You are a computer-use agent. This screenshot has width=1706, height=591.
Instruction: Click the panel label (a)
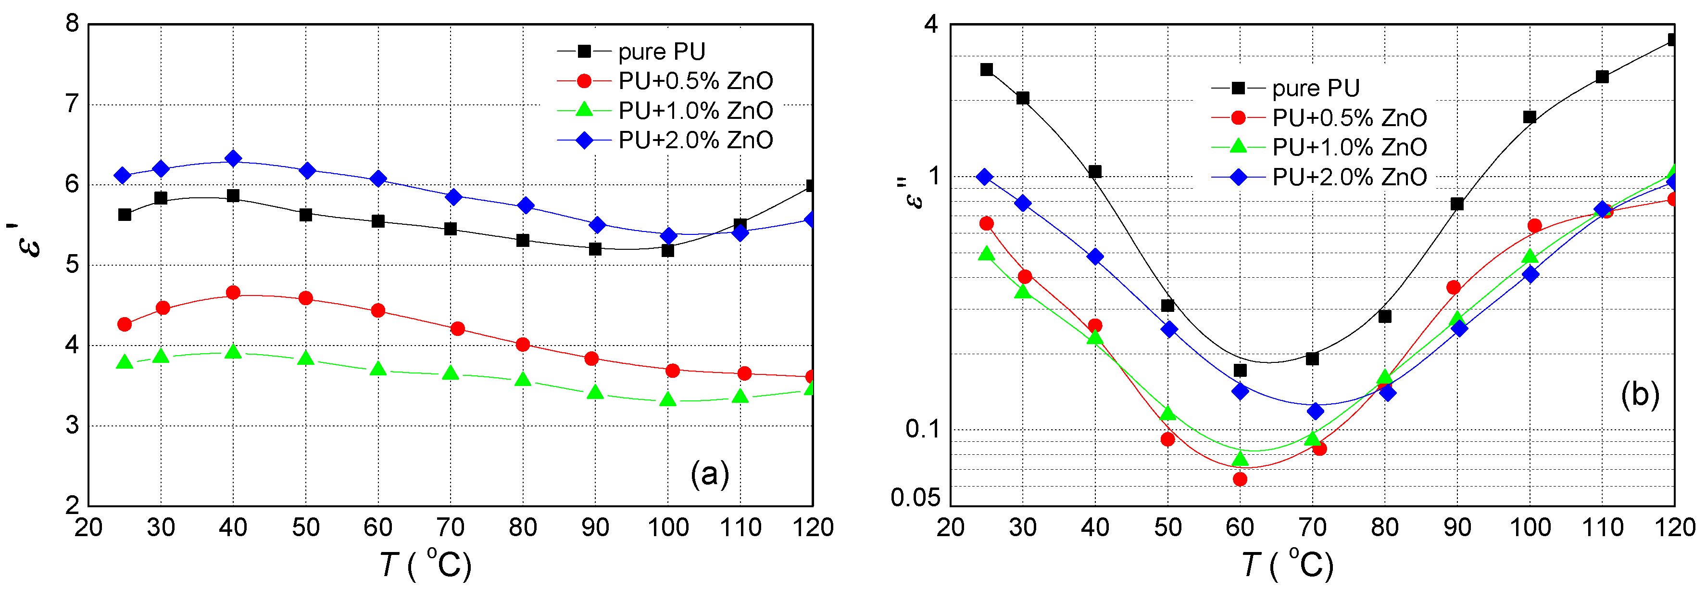[709, 475]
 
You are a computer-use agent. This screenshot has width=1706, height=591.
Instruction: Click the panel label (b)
[1640, 395]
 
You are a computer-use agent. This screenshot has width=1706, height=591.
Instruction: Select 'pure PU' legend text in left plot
[662, 51]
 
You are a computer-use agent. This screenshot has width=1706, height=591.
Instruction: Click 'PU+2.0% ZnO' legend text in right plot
[1349, 177]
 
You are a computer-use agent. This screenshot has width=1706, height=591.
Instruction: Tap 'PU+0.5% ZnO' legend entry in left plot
[695, 81]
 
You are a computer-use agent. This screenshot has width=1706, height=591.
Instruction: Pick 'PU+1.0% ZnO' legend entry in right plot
[1349, 147]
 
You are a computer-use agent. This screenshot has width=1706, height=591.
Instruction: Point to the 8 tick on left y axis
[72, 25]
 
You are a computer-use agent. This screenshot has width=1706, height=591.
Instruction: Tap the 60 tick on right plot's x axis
[1240, 527]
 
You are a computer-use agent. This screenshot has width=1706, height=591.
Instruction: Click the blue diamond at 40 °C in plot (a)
[233, 158]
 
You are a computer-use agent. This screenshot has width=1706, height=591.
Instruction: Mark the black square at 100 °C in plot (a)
[667, 250]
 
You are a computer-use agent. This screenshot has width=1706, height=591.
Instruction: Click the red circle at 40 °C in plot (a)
[233, 293]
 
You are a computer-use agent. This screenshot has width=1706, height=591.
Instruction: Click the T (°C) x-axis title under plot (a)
[426, 565]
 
